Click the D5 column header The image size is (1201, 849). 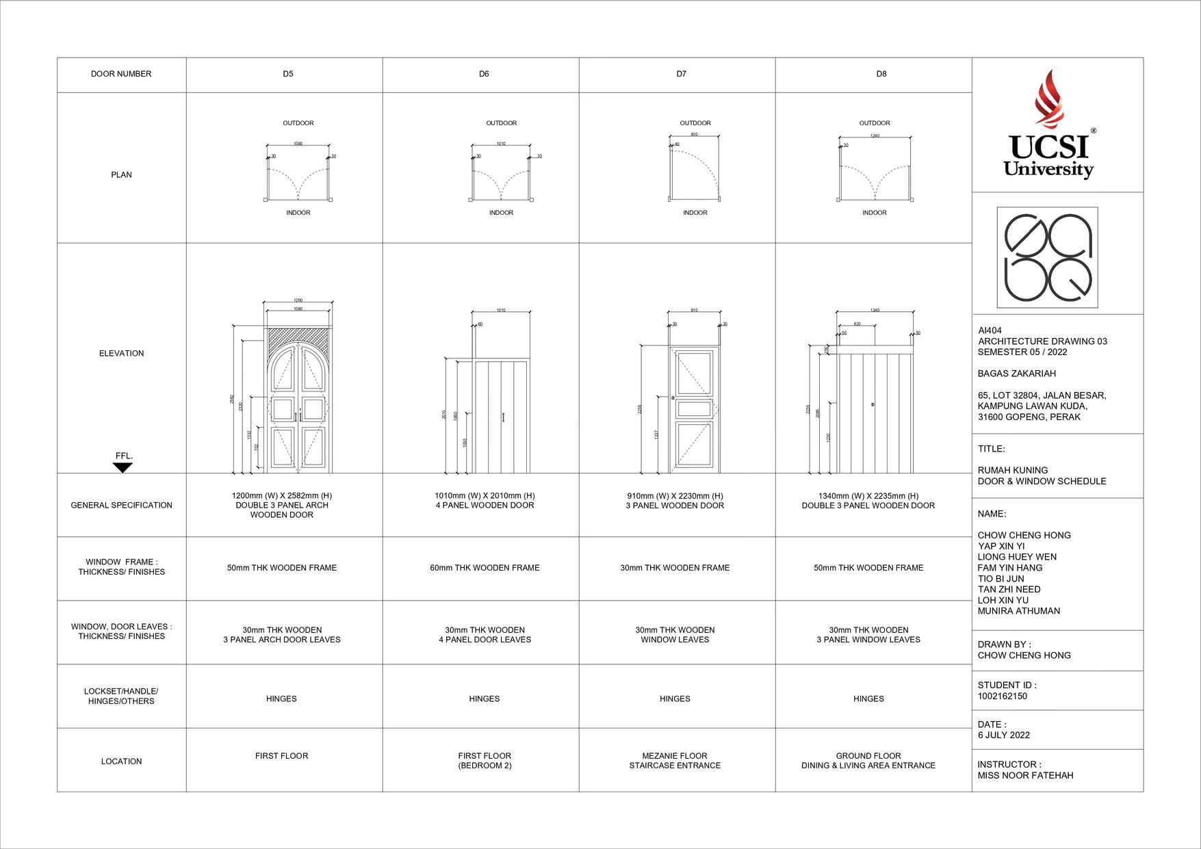pyautogui.click(x=288, y=74)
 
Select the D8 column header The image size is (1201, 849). pyautogui.click(x=881, y=74)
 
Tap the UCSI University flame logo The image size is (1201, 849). pyautogui.click(x=1048, y=99)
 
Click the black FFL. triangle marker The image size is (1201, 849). pyautogui.click(x=122, y=468)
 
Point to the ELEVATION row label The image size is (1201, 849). pyautogui.click(x=121, y=354)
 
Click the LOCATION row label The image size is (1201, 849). pyautogui.click(x=121, y=761)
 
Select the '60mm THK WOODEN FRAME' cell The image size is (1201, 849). pyautogui.click(x=485, y=568)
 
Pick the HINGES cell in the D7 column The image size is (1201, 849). pyautogui.click(x=675, y=698)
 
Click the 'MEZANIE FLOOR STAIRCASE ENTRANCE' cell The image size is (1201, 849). pyautogui.click(x=675, y=761)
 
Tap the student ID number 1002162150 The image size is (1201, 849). pyautogui.click(x=1002, y=696)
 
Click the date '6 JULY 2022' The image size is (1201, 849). pyautogui.click(x=1003, y=735)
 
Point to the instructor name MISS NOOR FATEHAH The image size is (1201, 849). pyautogui.click(x=1025, y=776)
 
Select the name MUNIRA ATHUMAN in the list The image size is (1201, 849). pyautogui.click(x=1018, y=611)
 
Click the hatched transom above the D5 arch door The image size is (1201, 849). pyautogui.click(x=298, y=337)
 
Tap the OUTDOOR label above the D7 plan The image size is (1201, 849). pyautogui.click(x=695, y=123)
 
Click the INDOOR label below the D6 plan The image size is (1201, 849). pyautogui.click(x=502, y=213)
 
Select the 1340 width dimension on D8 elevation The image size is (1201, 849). pyautogui.click(x=875, y=311)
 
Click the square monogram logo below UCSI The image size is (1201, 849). pyautogui.click(x=1047, y=257)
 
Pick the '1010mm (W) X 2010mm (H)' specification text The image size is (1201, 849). pyautogui.click(x=485, y=495)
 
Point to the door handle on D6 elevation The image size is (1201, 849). pyautogui.click(x=503, y=417)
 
